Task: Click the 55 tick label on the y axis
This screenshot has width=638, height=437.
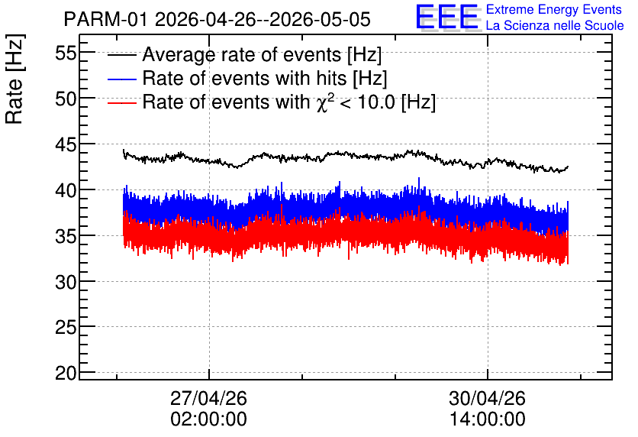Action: coord(66,53)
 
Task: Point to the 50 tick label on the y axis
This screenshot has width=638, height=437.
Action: coord(66,99)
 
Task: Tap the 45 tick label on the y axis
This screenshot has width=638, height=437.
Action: coord(66,144)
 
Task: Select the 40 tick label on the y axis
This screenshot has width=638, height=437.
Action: coord(66,190)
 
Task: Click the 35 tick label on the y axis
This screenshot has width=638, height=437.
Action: coord(66,236)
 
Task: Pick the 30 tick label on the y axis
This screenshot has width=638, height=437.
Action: coord(66,282)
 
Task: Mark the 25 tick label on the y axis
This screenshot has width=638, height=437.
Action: coord(66,328)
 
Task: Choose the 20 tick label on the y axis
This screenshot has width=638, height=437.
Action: coord(66,373)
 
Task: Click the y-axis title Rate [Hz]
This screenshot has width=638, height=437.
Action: coord(14,79)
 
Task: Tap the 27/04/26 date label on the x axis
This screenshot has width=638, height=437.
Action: coord(208,398)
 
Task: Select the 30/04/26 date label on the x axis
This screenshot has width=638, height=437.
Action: coord(487,398)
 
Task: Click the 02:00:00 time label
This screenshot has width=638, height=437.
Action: coord(208,419)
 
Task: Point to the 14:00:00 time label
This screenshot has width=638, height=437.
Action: coord(487,419)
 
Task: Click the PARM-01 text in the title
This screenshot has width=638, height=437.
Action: coord(105,19)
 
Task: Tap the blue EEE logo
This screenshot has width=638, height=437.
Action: coord(446,17)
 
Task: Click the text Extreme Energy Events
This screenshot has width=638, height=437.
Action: coord(554,9)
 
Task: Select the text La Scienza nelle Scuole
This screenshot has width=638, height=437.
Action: coord(555,25)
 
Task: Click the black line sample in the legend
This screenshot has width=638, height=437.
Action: coord(121,55)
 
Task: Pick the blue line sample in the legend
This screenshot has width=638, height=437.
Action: coord(121,79)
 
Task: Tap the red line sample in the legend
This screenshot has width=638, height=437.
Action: coord(121,102)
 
